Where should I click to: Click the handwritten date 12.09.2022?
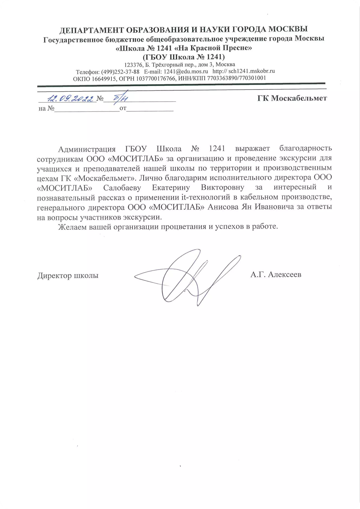(x=71, y=98)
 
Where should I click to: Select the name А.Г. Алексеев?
(x=276, y=275)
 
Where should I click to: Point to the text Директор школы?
(x=68, y=276)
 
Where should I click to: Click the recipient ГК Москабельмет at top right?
(x=292, y=98)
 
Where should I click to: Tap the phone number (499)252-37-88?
(x=120, y=72)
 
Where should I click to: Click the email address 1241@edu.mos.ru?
(x=186, y=71)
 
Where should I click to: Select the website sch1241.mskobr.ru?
(x=251, y=71)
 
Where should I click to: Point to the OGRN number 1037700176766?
(x=156, y=78)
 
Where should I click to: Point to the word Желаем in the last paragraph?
(x=72, y=227)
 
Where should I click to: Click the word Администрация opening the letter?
(x=87, y=149)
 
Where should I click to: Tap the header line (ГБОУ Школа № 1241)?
(x=184, y=57)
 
